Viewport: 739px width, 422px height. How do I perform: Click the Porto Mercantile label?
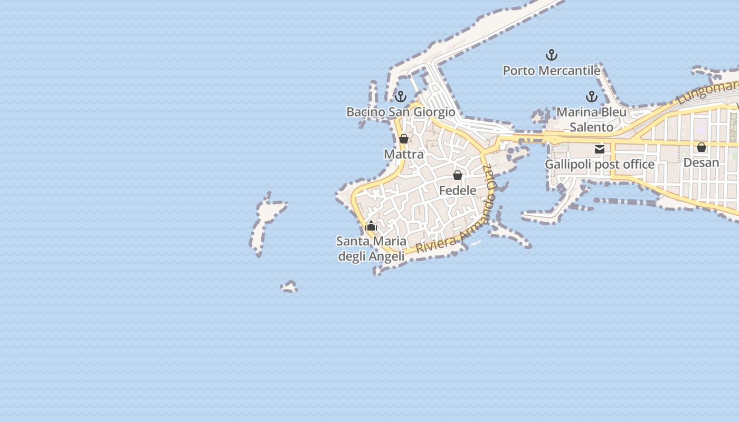tap(551, 71)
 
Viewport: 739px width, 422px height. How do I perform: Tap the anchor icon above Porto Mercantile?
tap(551, 55)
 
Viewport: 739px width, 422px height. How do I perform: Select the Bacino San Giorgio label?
tap(401, 112)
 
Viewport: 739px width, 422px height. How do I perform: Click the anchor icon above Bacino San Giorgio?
tap(401, 97)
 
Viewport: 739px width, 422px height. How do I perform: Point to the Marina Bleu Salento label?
tap(591, 120)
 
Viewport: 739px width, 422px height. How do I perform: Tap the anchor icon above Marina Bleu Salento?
tap(591, 97)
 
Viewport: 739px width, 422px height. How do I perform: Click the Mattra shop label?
tap(403, 155)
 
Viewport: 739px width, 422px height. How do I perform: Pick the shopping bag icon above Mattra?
tap(404, 139)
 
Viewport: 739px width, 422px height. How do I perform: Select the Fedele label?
tap(458, 190)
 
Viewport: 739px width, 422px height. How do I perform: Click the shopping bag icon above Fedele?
tap(458, 175)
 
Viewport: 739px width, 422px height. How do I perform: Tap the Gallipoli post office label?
tap(599, 165)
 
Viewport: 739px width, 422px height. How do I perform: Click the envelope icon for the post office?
tap(600, 149)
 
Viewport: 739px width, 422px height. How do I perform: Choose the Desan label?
tap(701, 162)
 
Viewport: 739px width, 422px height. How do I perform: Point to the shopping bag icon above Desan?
tap(702, 147)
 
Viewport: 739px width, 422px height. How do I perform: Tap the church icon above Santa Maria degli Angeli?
tap(371, 226)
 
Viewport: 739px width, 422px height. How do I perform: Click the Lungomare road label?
tap(707, 90)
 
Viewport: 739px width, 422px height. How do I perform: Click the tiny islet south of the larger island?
tap(289, 287)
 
